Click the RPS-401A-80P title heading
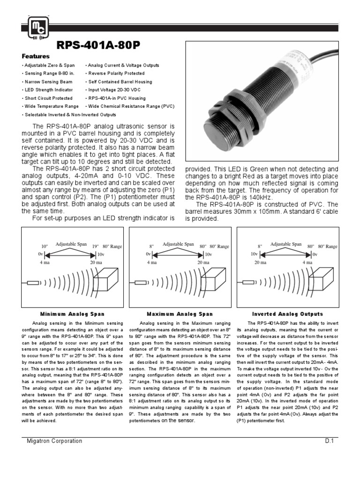click(x=98, y=45)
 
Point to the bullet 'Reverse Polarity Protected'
click(x=115, y=74)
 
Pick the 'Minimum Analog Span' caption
click(x=72, y=314)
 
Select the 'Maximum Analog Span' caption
click(x=180, y=314)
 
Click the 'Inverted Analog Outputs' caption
click(x=287, y=314)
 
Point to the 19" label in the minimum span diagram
click(x=95, y=246)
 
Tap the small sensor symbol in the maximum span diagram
click(x=141, y=283)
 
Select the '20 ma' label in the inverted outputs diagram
click(x=261, y=262)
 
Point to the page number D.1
click(x=329, y=441)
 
